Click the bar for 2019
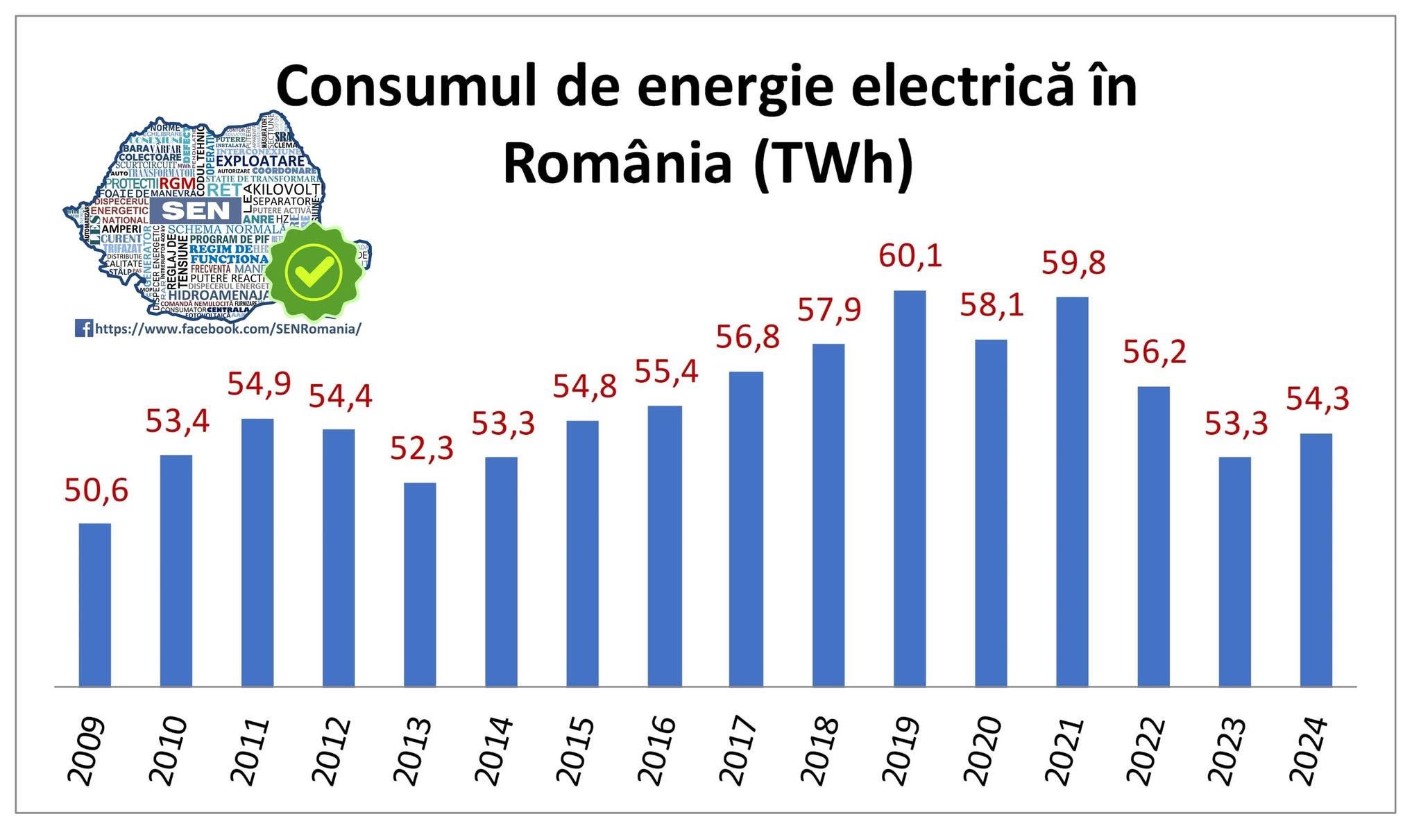coord(910,488)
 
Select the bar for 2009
coord(95,605)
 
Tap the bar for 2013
coord(420,585)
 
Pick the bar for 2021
coord(1072,492)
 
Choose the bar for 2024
coord(1316,560)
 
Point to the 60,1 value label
coord(910,255)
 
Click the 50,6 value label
coord(96,490)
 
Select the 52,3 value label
coord(422,448)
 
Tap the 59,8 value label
coord(1073,263)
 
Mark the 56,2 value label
coord(1155,352)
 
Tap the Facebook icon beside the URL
coord(84,328)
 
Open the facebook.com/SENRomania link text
coord(228,329)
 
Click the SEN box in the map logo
coord(195,210)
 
